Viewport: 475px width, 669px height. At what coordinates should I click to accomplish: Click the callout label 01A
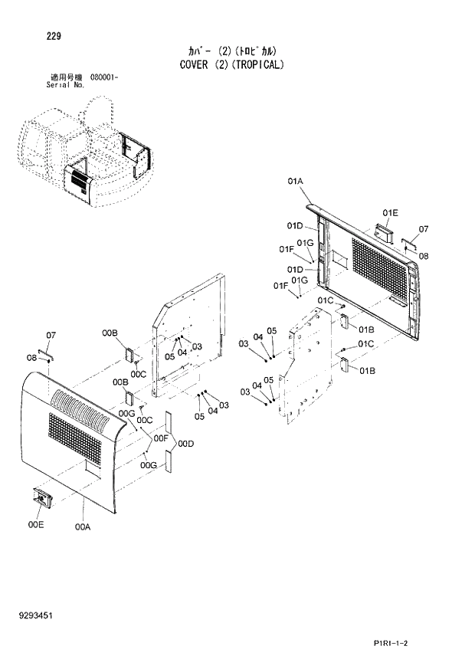tap(296, 181)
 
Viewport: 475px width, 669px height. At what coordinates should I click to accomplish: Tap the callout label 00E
tap(34, 525)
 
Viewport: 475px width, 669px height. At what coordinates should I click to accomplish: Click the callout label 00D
tap(185, 443)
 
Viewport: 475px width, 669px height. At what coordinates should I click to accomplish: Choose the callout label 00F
tap(161, 438)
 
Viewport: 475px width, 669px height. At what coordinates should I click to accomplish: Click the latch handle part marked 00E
tap(41, 498)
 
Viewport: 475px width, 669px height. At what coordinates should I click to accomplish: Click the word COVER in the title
tap(199, 64)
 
